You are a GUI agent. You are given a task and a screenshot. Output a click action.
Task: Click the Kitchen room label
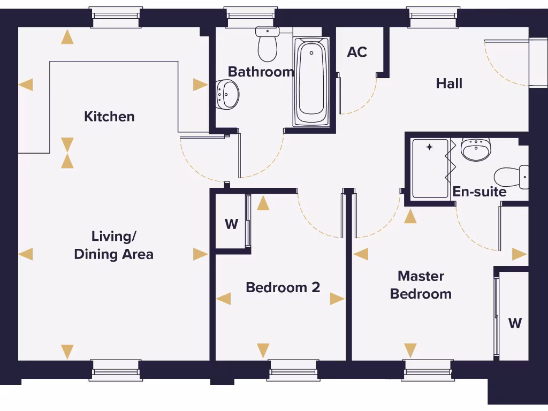coord(109,117)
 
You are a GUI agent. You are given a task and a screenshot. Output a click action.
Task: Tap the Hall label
coord(449,83)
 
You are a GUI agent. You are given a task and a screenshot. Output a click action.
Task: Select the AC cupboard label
coord(357,52)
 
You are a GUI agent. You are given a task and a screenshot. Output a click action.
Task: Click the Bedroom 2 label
coord(283,287)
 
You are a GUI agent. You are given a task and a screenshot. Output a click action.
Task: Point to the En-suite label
coord(479,192)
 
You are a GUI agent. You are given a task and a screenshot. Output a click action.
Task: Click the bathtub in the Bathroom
coord(311,80)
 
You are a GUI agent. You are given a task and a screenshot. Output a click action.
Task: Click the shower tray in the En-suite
coord(430,168)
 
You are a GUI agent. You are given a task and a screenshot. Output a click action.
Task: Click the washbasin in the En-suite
coord(476,150)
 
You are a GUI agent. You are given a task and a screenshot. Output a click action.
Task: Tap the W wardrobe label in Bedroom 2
coord(231,224)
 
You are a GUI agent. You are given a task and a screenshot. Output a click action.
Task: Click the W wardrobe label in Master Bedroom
coord(515,323)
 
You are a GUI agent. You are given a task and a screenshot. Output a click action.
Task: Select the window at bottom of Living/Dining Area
coord(116,370)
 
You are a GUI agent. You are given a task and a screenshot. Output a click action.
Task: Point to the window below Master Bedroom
coord(428,370)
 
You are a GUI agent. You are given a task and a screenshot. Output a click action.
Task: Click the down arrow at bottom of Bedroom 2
coord(263,351)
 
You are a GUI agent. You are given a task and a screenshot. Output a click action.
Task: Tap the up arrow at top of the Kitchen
coord(67,37)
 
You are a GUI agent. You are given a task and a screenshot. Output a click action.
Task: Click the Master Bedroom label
coord(421,285)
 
